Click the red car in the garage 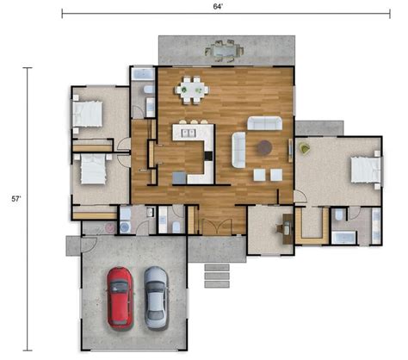point(120,296)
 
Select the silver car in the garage point(156,296)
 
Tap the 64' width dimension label point(219,6)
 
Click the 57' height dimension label point(15,198)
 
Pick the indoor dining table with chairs point(192,88)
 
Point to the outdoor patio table point(225,50)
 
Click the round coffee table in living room point(264,147)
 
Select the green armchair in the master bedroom point(305,148)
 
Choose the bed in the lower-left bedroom point(90,168)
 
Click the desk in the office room point(285,227)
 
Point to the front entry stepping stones point(217,275)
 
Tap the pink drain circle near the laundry point(109,227)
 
